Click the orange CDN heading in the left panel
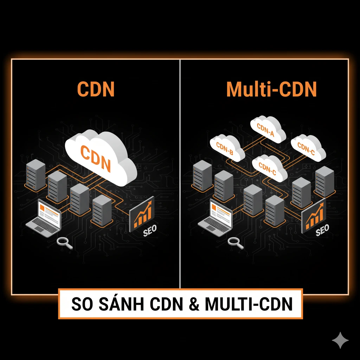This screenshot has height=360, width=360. pyautogui.click(x=96, y=90)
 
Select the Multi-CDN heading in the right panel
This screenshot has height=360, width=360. pyautogui.click(x=271, y=90)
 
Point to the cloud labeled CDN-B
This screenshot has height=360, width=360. pyautogui.click(x=226, y=147)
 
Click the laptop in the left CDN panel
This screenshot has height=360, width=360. pyautogui.click(x=45, y=218)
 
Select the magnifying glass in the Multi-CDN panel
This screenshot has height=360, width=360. pyautogui.click(x=234, y=242)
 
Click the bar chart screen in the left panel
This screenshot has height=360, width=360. pyautogui.click(x=142, y=215)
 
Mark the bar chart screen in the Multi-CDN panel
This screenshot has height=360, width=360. pyautogui.click(x=314, y=214)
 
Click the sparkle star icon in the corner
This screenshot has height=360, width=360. pyautogui.click(x=340, y=340)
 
